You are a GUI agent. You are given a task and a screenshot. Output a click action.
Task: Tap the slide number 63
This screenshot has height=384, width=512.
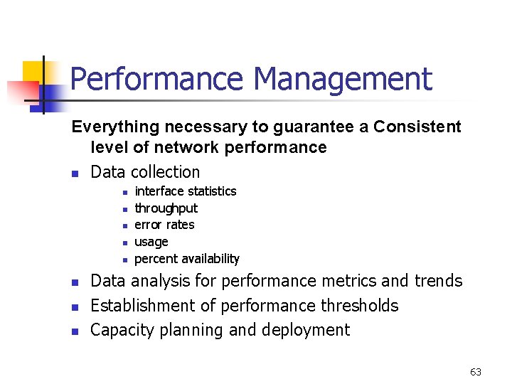[476, 372]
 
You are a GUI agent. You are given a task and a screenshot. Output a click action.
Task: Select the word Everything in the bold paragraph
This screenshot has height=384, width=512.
[115, 127]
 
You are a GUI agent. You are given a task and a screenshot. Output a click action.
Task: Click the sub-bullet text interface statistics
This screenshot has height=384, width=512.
[185, 191]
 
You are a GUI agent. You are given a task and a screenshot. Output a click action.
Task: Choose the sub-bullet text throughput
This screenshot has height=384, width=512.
[166, 208]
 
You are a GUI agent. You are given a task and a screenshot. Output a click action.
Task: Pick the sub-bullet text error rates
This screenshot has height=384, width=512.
[164, 225]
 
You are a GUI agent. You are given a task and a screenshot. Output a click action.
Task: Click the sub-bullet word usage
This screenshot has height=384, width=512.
[151, 242]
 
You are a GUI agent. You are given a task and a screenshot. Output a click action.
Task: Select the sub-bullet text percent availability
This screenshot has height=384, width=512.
[186, 259]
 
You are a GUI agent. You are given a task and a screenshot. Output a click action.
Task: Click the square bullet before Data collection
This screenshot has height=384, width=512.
[75, 174]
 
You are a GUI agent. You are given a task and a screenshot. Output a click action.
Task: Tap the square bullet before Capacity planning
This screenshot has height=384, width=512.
[75, 331]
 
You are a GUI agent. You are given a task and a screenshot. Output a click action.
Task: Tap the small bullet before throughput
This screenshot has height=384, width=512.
[124, 209]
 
